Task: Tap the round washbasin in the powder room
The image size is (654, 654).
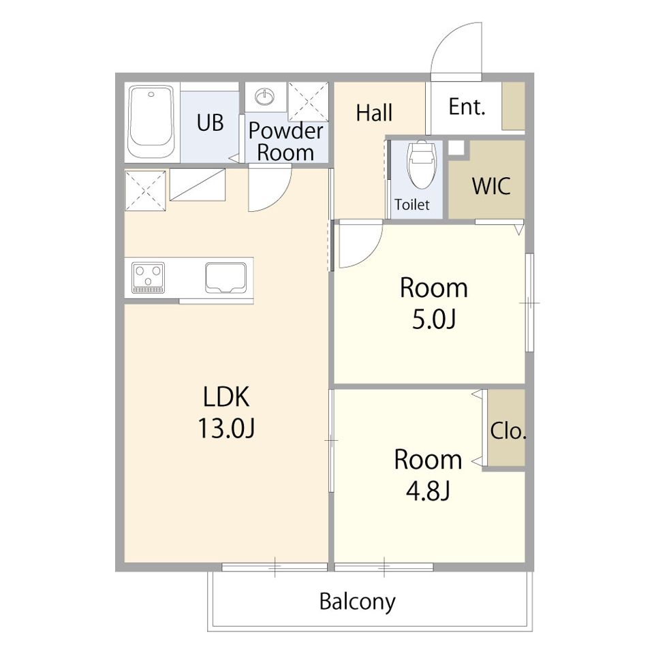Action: point(265,97)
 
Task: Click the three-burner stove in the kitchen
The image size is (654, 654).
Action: point(148,277)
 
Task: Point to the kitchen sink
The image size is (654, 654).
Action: point(225,277)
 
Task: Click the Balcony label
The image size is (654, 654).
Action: point(358,602)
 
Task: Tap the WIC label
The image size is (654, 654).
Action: point(491,186)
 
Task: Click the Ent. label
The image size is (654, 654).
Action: point(467,107)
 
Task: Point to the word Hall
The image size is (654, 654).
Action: point(374,112)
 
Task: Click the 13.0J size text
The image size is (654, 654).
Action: point(226,429)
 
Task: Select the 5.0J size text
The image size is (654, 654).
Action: point(434,320)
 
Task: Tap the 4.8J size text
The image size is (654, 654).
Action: point(428,491)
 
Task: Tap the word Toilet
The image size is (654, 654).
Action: point(412,205)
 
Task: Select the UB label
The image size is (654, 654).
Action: point(210,123)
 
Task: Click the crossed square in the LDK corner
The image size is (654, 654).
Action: point(145,191)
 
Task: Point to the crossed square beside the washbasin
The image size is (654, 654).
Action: point(308,102)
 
